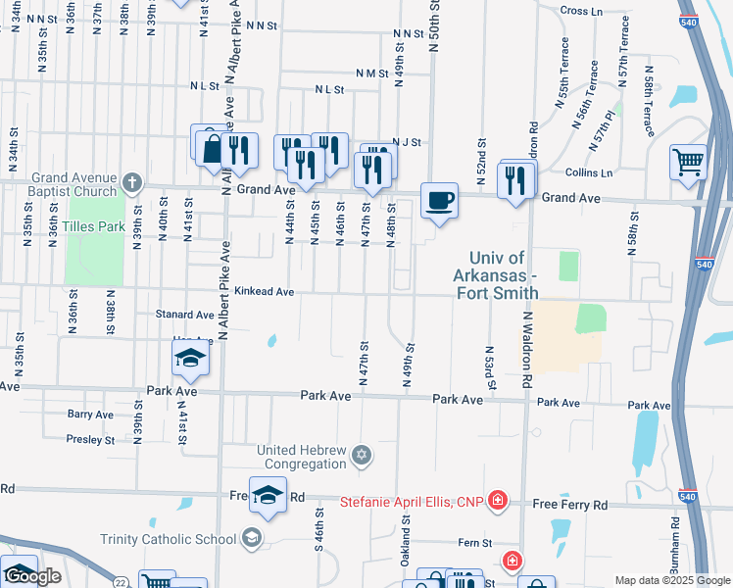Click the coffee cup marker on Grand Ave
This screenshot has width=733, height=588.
pos(439,201)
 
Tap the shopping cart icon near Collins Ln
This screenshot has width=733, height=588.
pos(689,162)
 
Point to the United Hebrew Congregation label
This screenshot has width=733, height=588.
pos(302,458)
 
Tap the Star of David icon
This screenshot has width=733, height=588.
pos(362,455)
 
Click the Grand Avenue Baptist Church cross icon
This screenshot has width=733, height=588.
pos(131,181)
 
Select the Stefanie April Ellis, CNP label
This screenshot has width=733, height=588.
pos(413,503)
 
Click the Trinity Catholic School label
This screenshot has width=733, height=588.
pos(169,538)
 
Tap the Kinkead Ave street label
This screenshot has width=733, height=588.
pos(264,291)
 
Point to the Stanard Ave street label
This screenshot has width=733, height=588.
pos(184,315)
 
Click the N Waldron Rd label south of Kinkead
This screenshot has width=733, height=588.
pos(526,347)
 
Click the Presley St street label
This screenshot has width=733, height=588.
pos(91,439)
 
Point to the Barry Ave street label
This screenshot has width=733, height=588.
pos(91,415)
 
